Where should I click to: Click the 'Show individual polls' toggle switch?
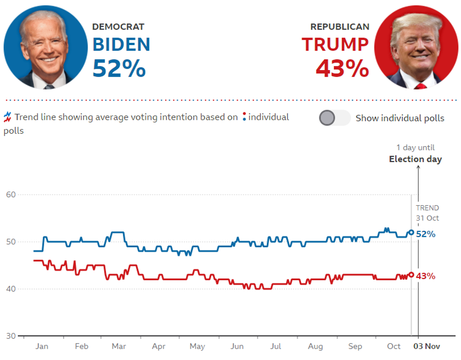(x=334, y=118)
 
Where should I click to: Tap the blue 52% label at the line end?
(x=425, y=234)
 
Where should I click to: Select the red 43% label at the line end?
(x=425, y=276)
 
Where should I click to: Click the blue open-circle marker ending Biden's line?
(x=411, y=232)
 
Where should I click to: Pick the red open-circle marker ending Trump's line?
(x=411, y=274)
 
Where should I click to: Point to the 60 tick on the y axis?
(x=10, y=195)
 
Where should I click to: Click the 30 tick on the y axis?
(x=10, y=336)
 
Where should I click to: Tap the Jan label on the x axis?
(x=42, y=346)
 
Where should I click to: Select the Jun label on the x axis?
(x=237, y=346)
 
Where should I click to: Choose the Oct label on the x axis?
(x=394, y=346)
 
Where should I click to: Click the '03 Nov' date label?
(x=426, y=346)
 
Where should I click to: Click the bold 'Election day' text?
(x=415, y=159)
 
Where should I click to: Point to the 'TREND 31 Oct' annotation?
(x=427, y=213)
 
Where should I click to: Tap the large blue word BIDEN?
(x=121, y=45)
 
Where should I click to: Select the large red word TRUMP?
(x=335, y=45)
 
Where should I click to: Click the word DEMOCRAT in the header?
(x=118, y=27)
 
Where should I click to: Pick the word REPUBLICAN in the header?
(x=340, y=27)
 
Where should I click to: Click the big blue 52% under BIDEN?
(x=119, y=69)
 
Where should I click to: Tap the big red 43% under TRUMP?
(x=342, y=69)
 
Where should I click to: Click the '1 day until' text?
(x=415, y=148)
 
